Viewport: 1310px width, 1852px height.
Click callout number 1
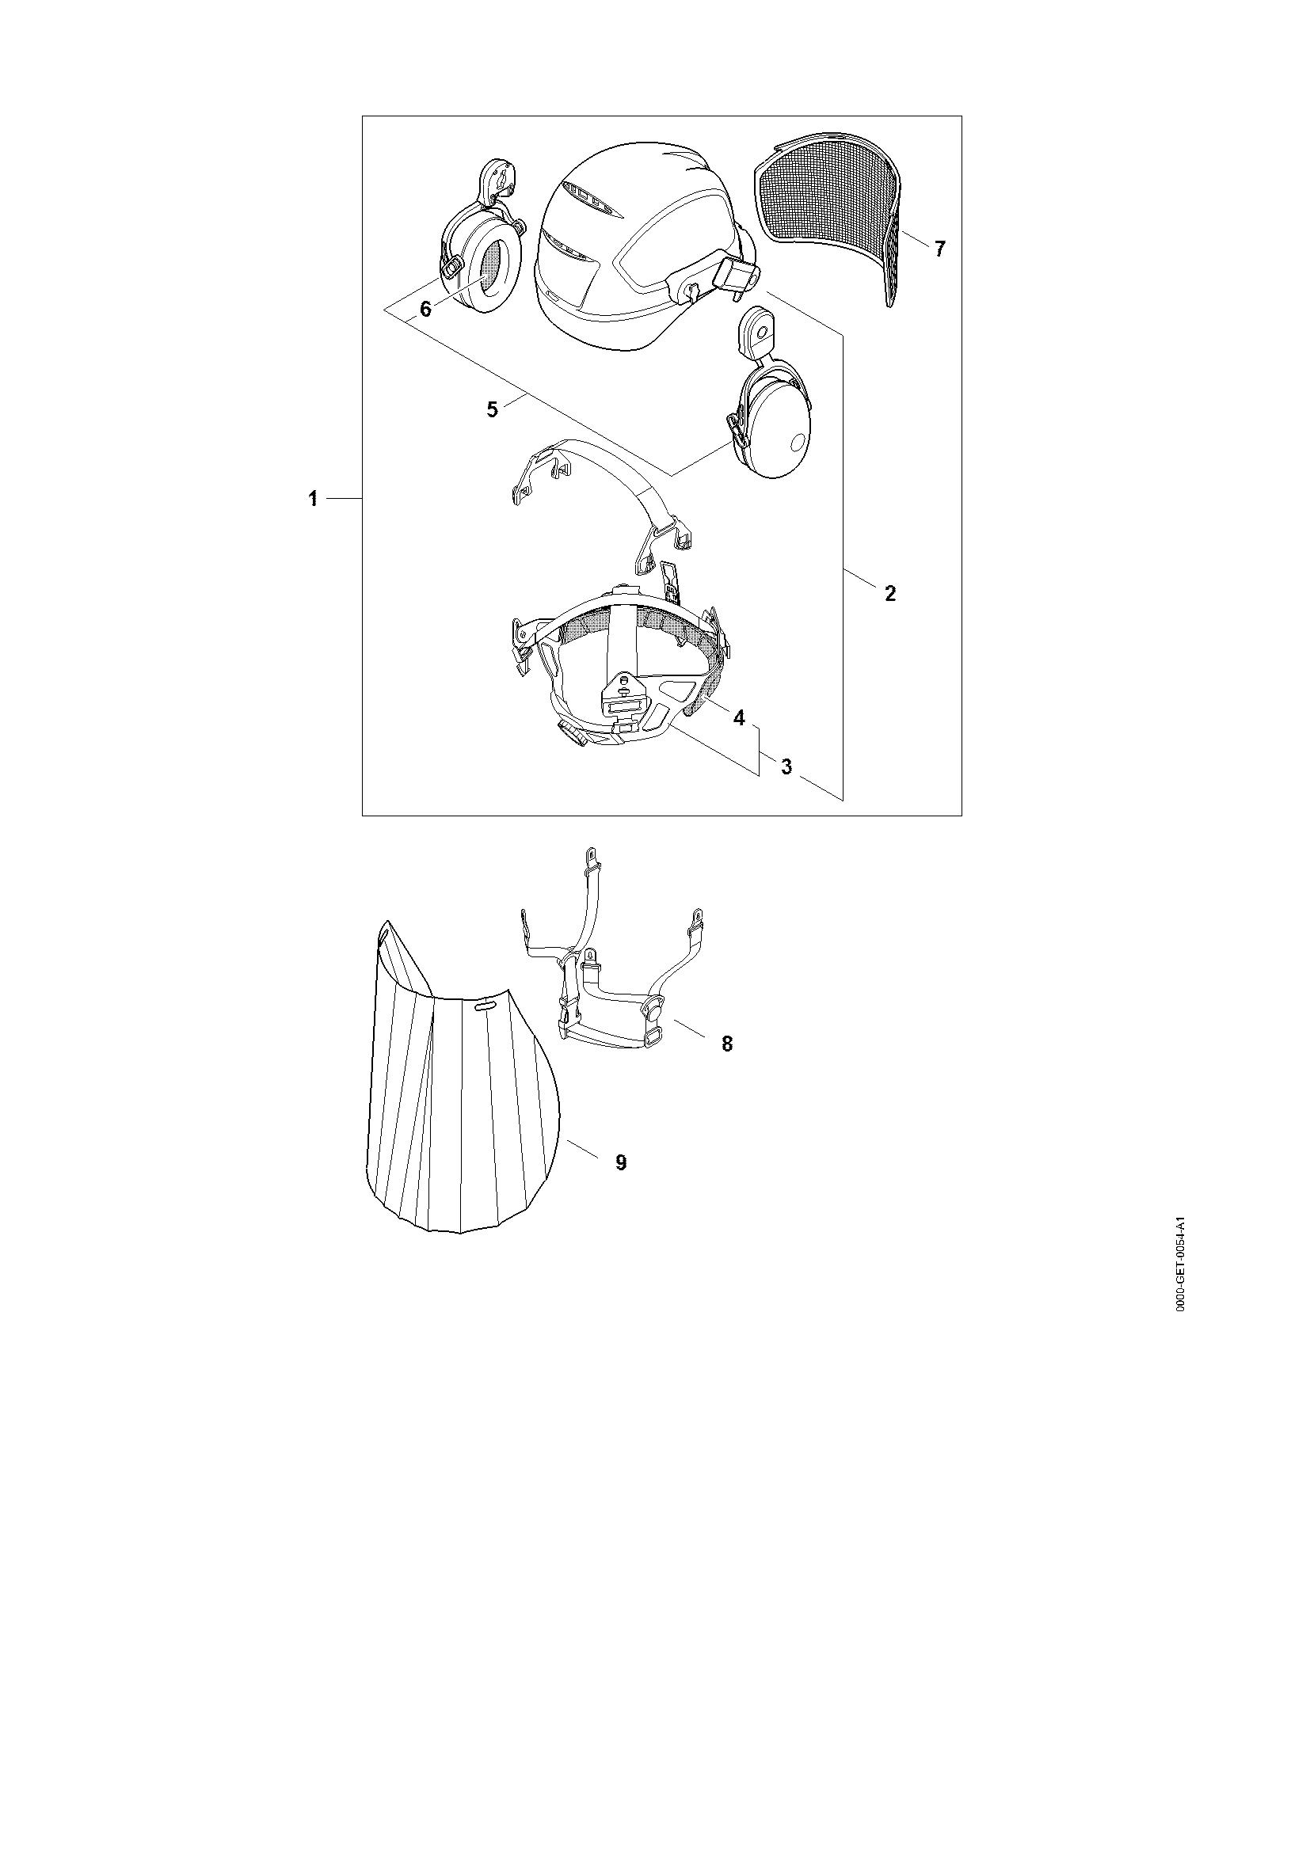tap(312, 500)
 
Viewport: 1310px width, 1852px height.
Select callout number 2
tap(889, 594)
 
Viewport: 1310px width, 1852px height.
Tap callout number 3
tap(786, 766)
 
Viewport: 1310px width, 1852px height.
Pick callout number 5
tap(492, 408)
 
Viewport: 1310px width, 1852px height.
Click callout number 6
tap(426, 308)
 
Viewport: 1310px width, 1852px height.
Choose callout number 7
tap(939, 249)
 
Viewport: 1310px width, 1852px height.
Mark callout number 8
tap(727, 1044)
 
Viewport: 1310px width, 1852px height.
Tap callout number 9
tap(621, 1162)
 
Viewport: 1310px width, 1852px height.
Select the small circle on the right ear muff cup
tap(798, 442)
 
